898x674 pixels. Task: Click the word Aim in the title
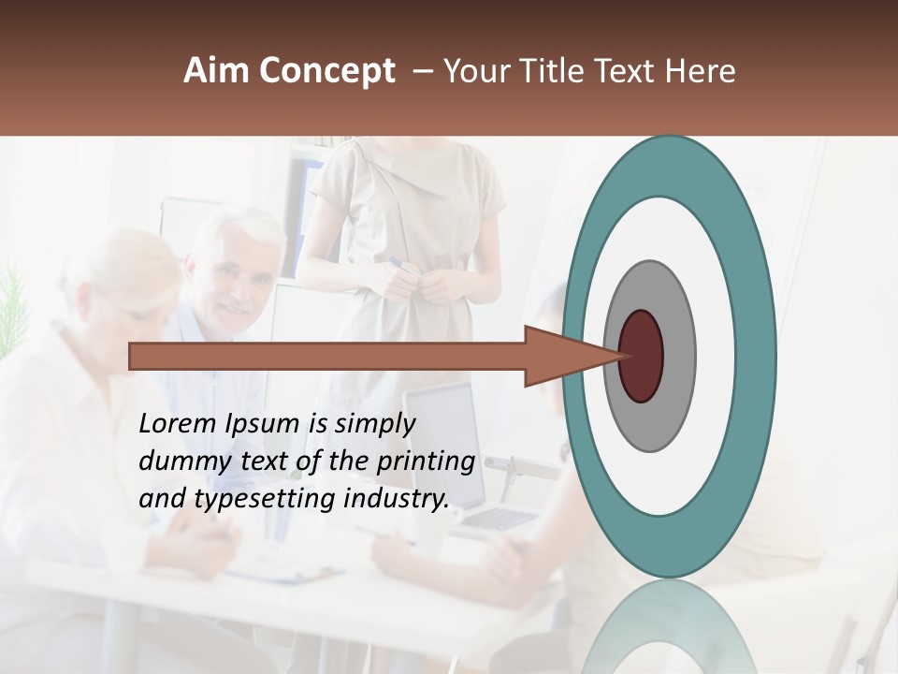pos(217,71)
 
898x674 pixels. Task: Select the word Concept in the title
pos(326,71)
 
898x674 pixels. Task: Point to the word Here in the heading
pos(702,71)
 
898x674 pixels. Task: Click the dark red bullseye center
pos(642,357)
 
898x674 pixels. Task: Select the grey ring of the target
pos(677,357)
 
